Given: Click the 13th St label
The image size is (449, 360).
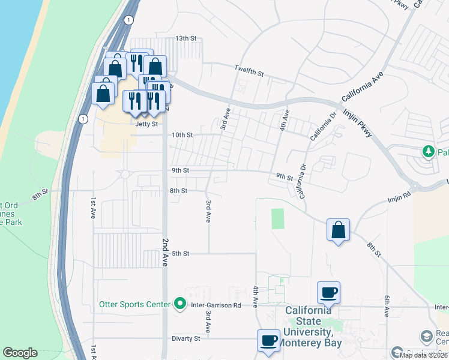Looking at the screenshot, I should pos(185,38).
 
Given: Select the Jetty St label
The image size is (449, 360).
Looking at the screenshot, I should pos(146,124).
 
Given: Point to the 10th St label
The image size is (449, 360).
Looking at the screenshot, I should pos(182,136).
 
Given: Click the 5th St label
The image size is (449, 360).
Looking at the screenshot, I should pos(181,254).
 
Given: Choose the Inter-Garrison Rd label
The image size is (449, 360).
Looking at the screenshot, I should pos(215,305).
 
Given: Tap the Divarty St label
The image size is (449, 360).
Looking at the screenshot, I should pos(185,338).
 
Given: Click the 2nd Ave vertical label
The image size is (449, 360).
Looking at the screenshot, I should pos(165,251).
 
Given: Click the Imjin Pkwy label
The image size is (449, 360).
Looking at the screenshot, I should pos(359,122).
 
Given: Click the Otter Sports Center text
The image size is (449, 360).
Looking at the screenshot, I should pos(134,304).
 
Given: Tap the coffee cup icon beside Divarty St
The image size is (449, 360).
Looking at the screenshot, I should pos(268,340).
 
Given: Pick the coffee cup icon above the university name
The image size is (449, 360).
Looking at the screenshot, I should pos(328,292).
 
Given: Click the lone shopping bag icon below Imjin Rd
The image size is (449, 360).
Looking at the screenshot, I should pos(338,229).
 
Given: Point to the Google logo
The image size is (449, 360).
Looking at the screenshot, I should pos(20,353).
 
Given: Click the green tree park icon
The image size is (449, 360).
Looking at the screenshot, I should pos(429,151).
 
